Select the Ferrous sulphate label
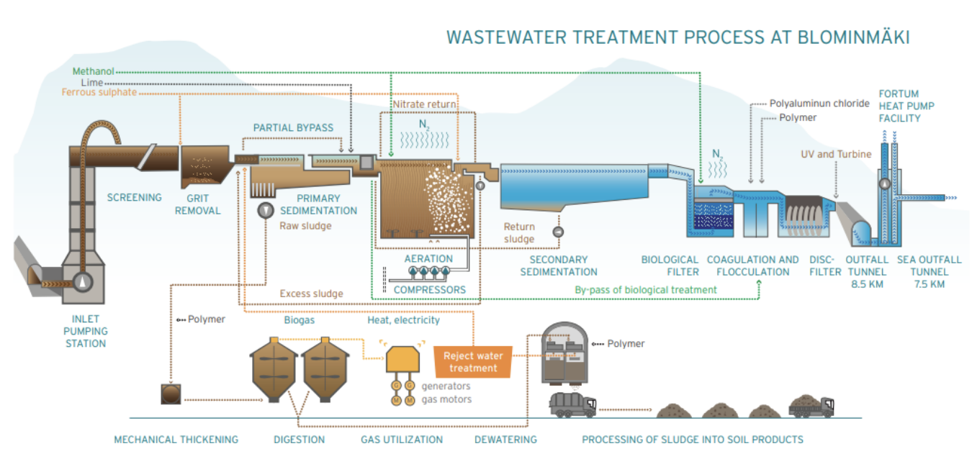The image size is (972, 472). (99, 93)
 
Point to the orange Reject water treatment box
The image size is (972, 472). (473, 362)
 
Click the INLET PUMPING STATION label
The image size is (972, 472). (85, 331)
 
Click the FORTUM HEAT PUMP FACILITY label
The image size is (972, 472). (899, 106)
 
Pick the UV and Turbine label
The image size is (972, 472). (836, 154)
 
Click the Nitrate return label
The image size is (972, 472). (424, 104)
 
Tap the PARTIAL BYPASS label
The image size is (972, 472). (293, 128)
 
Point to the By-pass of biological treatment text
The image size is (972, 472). (646, 289)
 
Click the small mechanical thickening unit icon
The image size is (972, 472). (172, 395)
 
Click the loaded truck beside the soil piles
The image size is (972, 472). (811, 407)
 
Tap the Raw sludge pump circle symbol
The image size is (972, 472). (265, 209)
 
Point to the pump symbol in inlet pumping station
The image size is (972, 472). (84, 281)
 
